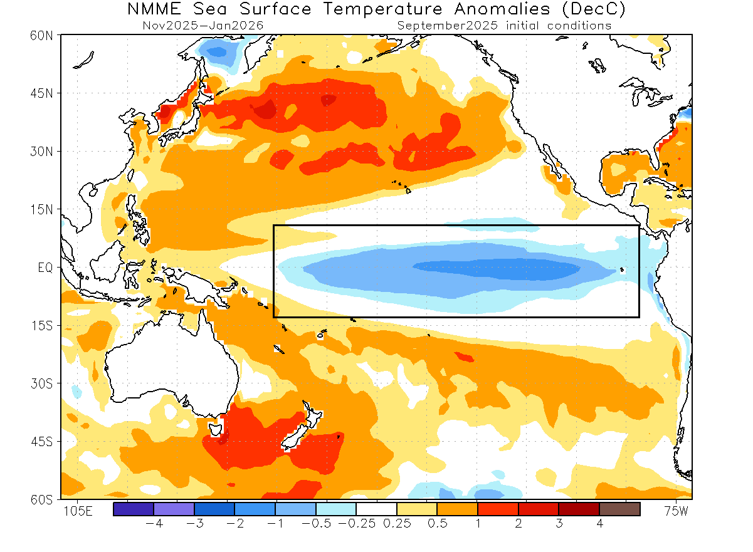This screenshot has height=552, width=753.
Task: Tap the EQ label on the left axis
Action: [45, 267]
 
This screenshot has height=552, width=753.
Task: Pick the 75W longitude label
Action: [676, 511]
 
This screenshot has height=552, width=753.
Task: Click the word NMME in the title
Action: [160, 10]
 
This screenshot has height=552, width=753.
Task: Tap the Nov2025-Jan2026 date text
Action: [203, 26]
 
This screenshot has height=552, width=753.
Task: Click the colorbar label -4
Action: [154, 523]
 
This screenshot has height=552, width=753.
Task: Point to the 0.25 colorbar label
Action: [397, 523]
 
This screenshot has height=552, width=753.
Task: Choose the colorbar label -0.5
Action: [317, 523]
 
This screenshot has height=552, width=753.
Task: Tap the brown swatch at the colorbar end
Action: [619, 509]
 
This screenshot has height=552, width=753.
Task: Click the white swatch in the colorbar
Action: [376, 509]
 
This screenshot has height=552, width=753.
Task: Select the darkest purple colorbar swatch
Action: [134, 509]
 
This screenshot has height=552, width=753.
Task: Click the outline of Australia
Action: [169, 370]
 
